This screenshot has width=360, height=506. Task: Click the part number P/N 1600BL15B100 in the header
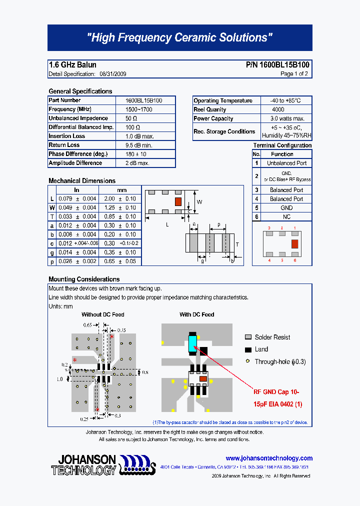click(277, 65)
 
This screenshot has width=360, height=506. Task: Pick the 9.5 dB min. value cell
click(139, 145)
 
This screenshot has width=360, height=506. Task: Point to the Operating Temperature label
click(223, 100)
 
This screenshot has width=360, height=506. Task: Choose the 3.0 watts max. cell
click(287, 118)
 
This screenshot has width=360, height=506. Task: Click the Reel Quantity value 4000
click(278, 109)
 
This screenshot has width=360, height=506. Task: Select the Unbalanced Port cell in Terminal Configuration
click(286, 163)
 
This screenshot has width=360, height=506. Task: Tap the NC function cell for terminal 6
click(286, 216)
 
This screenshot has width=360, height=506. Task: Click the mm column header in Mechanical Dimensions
click(122, 190)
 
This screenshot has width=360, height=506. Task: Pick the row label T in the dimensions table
click(52, 216)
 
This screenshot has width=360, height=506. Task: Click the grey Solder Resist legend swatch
click(248, 337)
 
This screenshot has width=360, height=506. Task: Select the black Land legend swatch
click(248, 349)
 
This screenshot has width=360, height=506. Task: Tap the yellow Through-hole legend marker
click(247, 361)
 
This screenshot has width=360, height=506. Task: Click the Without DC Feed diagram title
click(103, 314)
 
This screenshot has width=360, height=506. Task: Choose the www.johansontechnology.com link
click(269, 458)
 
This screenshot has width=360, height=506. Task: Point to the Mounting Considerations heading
click(84, 279)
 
